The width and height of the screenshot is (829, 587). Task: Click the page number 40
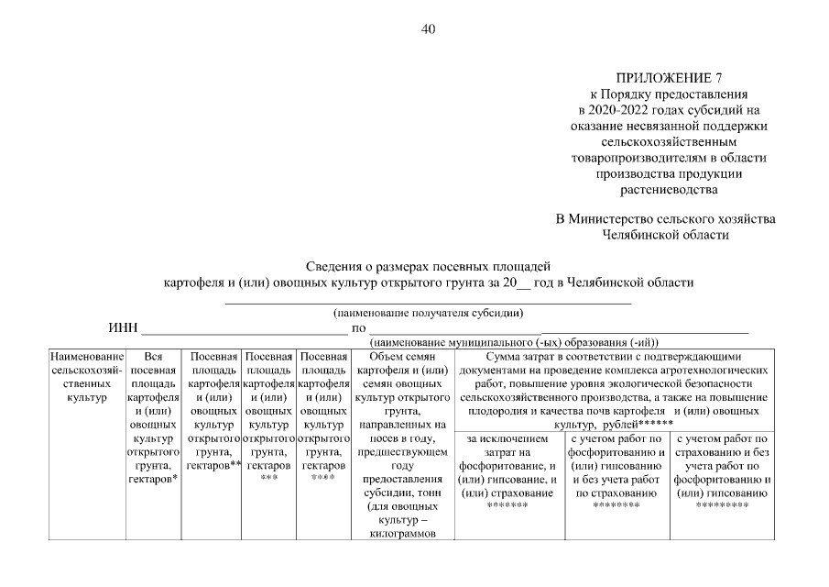click(428, 28)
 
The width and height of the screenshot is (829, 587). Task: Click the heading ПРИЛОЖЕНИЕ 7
click(666, 79)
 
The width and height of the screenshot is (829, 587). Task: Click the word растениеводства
click(668, 189)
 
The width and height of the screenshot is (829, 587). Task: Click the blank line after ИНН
click(244, 329)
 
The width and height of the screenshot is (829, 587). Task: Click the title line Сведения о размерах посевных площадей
click(428, 266)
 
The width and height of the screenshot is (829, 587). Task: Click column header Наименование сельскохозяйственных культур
click(86, 377)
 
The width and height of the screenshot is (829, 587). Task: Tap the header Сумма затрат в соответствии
click(613, 357)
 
